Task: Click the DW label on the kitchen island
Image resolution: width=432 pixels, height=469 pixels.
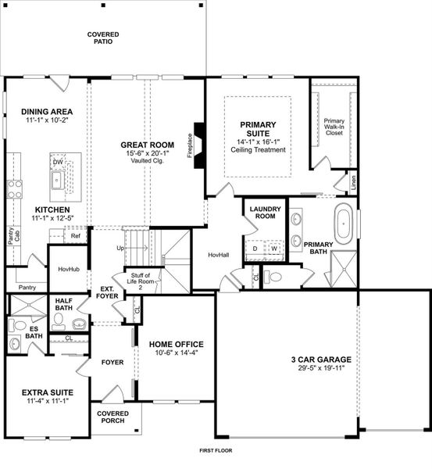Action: [x=57, y=163]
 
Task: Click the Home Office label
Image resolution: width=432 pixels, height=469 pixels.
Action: [x=177, y=344]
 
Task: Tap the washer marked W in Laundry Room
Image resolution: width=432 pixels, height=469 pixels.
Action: [x=274, y=249]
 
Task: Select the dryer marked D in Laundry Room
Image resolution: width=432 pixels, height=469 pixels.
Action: [x=256, y=249]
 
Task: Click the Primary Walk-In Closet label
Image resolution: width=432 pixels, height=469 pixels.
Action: [x=334, y=127]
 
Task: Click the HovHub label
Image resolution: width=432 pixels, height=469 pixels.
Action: [x=69, y=269]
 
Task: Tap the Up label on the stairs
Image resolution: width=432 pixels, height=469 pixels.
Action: [x=120, y=248]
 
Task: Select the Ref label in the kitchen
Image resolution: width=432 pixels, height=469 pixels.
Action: [x=76, y=235]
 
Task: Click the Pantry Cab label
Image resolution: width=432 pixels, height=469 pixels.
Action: [x=12, y=234]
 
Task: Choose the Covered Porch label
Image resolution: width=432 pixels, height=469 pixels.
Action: [x=112, y=418]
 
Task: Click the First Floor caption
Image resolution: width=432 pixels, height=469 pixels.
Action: [x=216, y=451]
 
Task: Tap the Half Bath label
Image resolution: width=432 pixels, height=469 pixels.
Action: [x=63, y=304]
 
